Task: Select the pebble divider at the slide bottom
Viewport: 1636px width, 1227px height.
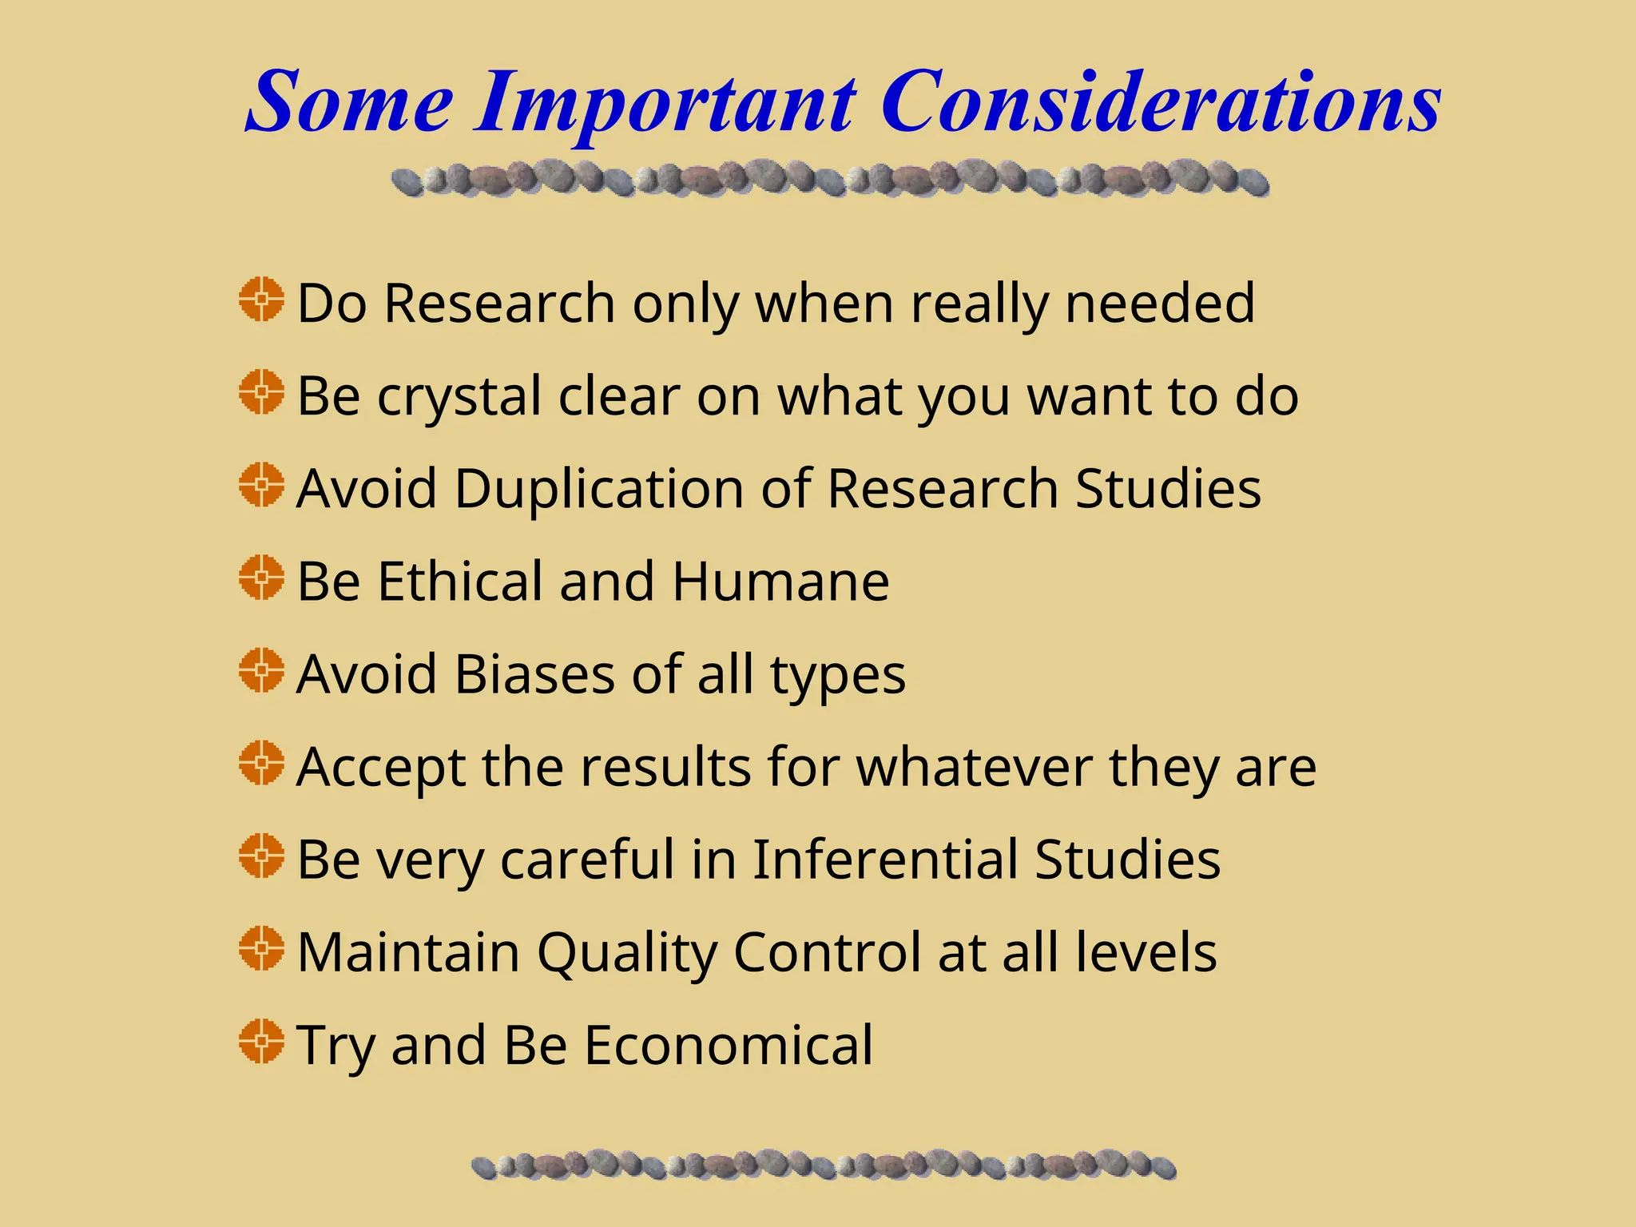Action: point(823,1165)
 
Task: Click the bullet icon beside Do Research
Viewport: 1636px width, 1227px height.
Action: point(261,300)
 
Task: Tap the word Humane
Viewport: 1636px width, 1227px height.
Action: point(780,581)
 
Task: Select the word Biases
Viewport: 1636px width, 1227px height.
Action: point(534,673)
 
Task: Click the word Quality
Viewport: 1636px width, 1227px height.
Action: point(627,953)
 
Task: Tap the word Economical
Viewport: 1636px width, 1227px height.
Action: point(729,1045)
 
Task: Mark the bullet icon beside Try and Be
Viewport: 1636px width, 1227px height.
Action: point(261,1041)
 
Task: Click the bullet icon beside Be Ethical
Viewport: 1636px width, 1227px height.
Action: point(261,578)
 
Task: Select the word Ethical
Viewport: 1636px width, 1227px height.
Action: point(460,581)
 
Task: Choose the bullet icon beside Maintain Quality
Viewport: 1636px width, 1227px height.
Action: point(261,948)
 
